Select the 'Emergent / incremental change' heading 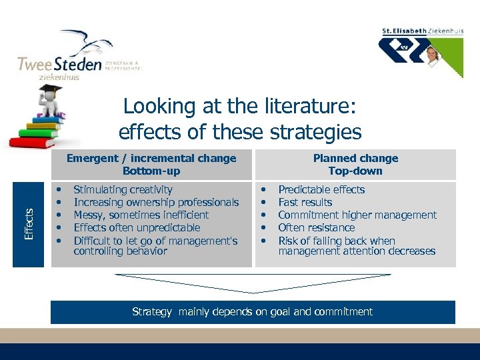pos(151,159)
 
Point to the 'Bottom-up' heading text pos(151,171)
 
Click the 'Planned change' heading pos(355,159)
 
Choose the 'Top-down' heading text pos(355,171)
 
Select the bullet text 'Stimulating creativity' pos(123,190)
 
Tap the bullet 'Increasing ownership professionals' pos(156,203)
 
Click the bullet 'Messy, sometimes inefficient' pos(141,215)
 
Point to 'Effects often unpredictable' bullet pos(137,228)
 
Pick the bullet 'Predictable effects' pos(321,190)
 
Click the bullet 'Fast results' pos(305,203)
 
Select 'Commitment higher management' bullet pos(357,215)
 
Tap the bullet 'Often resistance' pos(316,228)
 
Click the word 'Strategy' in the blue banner pos(153,312)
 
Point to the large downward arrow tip pos(253,291)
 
